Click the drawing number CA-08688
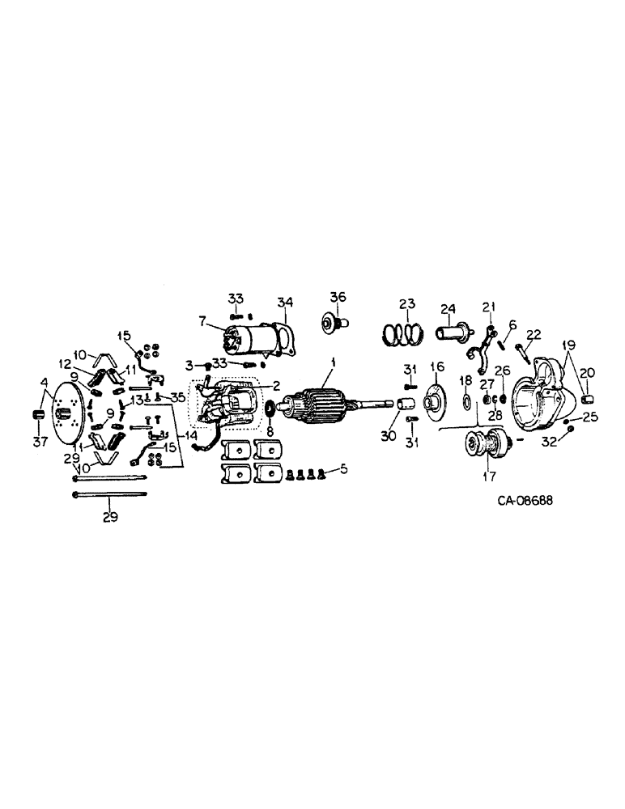click(525, 500)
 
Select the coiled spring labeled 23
click(407, 332)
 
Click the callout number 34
click(284, 303)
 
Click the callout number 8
click(269, 431)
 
